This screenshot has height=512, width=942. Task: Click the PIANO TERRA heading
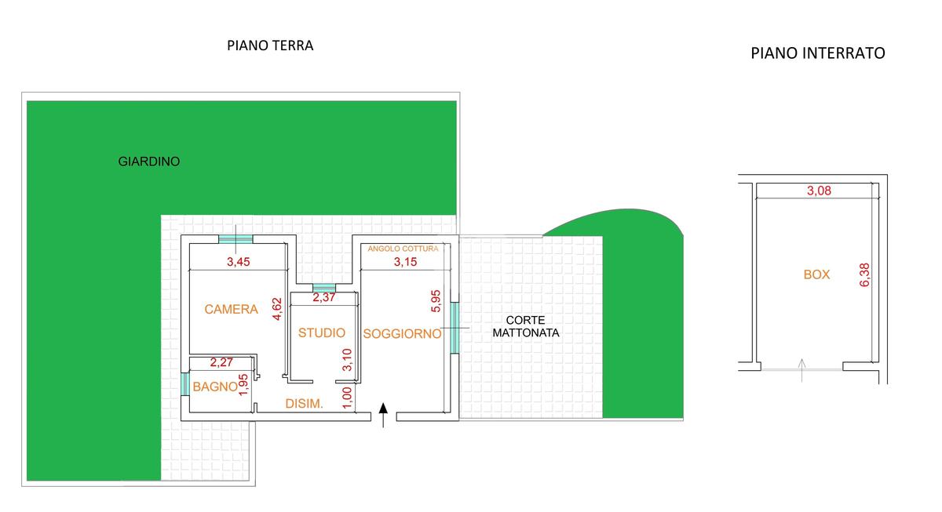[x=270, y=45]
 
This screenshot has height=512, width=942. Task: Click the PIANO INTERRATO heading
[x=818, y=53]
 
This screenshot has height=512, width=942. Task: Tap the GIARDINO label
[x=149, y=162]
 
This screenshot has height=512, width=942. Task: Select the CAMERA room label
[x=231, y=310]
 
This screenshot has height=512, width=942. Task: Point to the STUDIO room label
[x=322, y=333]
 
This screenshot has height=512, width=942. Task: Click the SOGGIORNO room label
[x=403, y=334]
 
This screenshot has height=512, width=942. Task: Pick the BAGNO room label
[x=215, y=387]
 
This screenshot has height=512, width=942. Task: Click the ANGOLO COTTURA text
[x=403, y=249]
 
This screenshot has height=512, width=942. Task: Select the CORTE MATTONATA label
[x=526, y=326]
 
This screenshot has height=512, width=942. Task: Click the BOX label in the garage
[x=816, y=275]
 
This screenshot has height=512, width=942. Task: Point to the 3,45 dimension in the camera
[x=238, y=263]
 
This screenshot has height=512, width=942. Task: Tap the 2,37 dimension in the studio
[x=325, y=298]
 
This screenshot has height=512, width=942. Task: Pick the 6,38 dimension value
[x=865, y=274]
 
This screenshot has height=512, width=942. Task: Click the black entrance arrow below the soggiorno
[x=383, y=415]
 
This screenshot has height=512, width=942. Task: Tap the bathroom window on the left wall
[x=184, y=384]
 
